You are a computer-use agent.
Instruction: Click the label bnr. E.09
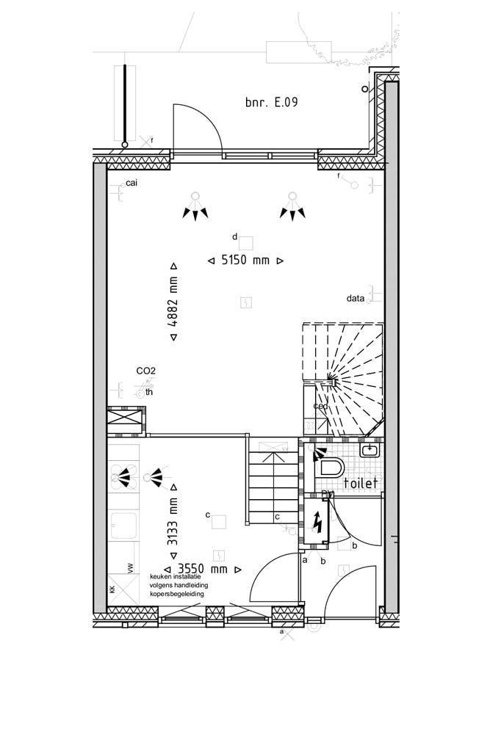click(271, 103)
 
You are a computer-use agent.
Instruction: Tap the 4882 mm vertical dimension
click(173, 301)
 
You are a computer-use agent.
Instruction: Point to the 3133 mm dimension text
click(173, 521)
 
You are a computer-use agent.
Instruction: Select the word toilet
click(361, 483)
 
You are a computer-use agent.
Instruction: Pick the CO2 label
click(145, 371)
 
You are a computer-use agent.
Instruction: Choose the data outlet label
click(356, 299)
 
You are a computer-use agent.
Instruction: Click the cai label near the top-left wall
click(131, 183)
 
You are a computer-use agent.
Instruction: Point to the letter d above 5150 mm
click(234, 236)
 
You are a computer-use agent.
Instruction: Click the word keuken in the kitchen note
click(162, 576)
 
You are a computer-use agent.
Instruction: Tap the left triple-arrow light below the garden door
click(195, 208)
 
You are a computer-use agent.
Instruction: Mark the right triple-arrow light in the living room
click(292, 208)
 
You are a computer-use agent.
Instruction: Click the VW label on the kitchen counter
click(131, 567)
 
